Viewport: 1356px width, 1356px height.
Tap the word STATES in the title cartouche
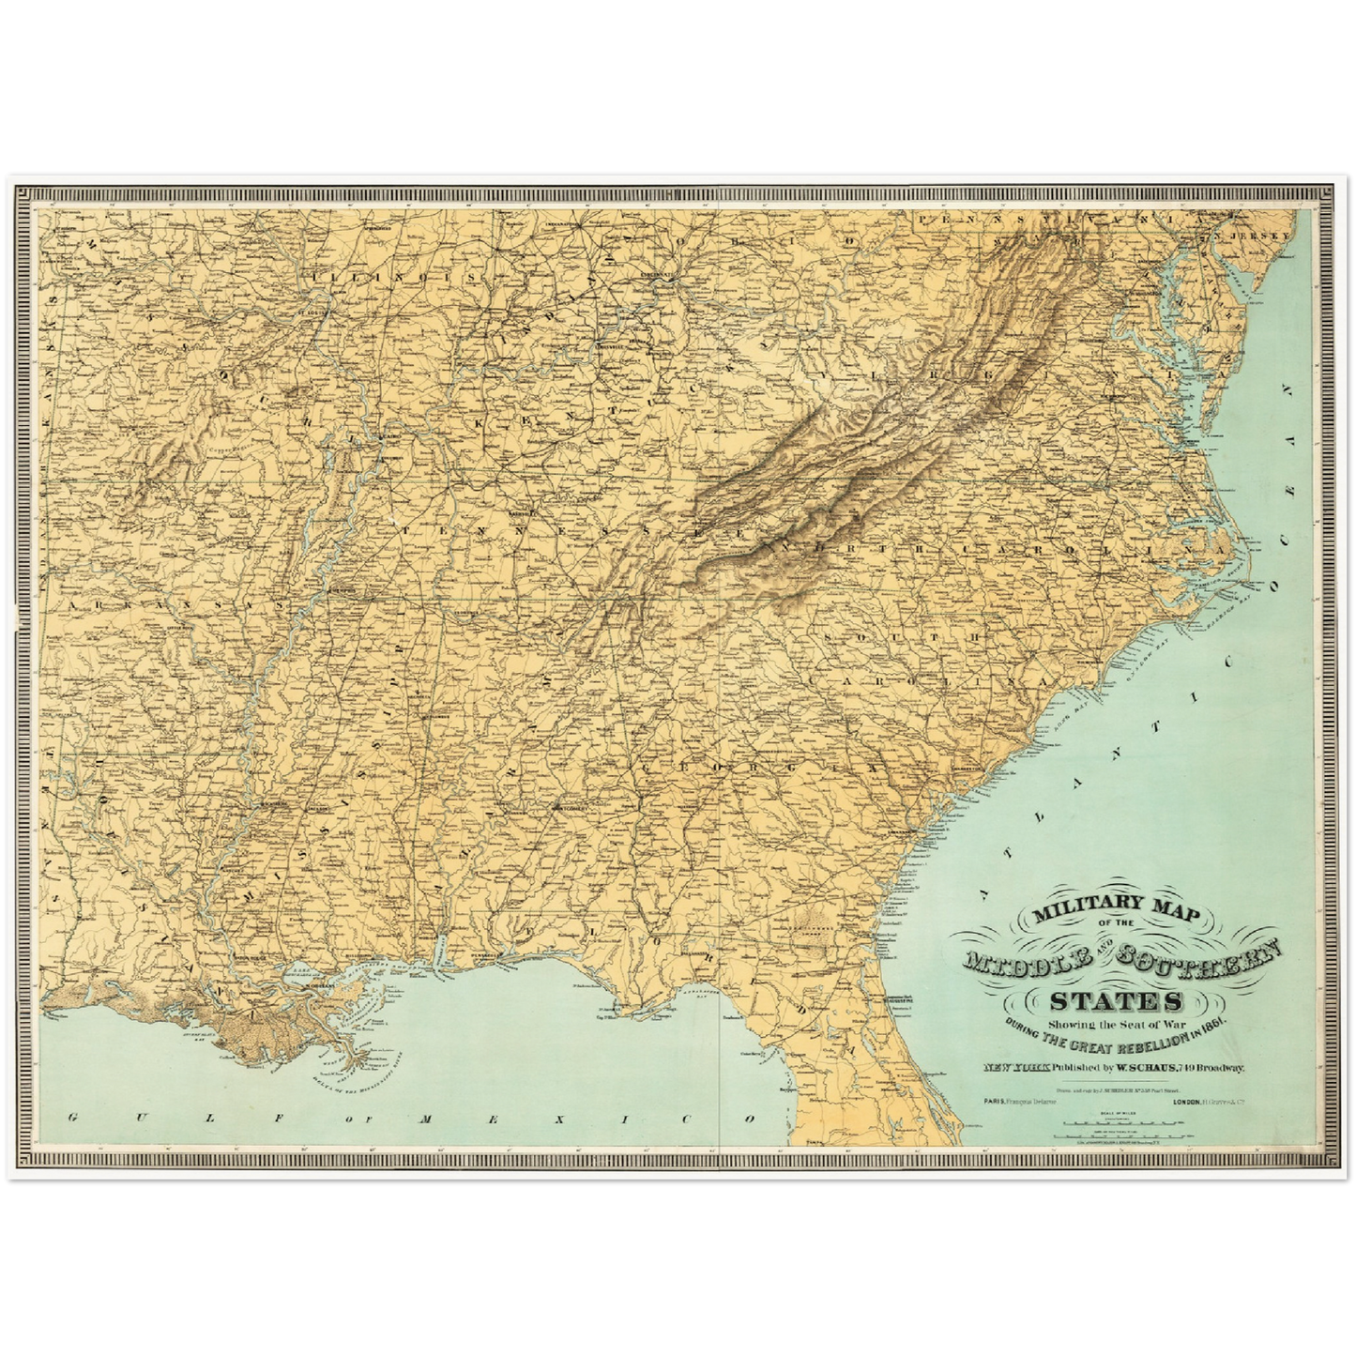coord(1117,999)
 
